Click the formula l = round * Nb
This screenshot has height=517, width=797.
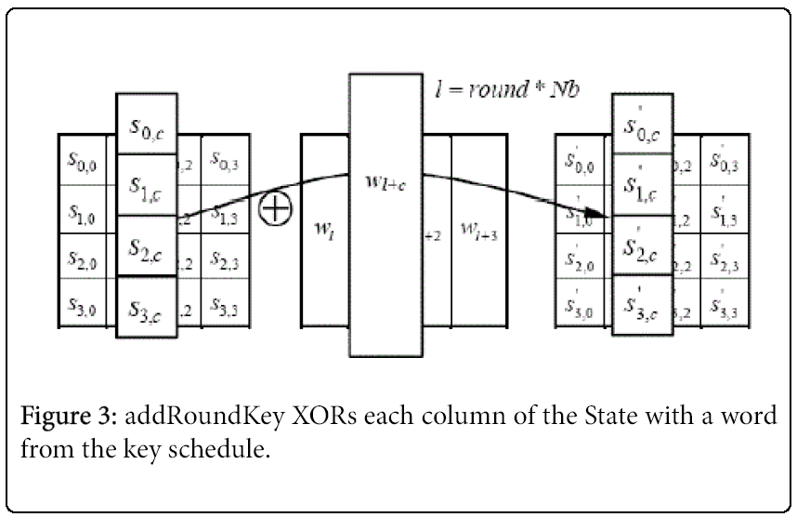point(503,90)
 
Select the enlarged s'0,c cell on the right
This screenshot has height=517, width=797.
point(643,126)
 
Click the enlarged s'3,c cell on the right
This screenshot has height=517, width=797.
point(643,304)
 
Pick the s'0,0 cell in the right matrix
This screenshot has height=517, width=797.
point(581,164)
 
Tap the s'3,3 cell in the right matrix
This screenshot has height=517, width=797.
point(722,304)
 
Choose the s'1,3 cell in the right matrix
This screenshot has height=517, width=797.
point(722,212)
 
